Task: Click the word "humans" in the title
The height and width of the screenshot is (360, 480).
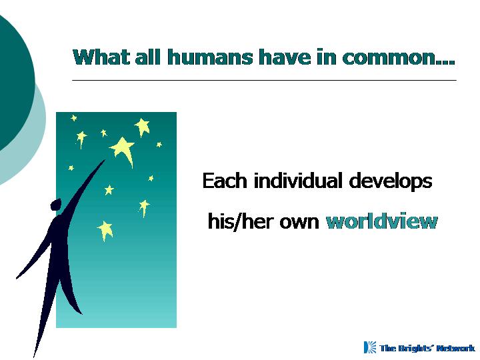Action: [210, 57]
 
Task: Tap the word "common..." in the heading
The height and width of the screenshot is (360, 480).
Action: [398, 57]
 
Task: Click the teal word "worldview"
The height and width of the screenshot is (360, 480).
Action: [382, 221]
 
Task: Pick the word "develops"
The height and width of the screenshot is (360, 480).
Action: [390, 181]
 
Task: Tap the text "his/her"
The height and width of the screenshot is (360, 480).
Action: [235, 221]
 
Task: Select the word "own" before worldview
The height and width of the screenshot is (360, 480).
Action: [299, 223]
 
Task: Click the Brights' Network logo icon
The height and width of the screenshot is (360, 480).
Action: [370, 347]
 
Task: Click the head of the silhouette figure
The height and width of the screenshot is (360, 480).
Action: [56, 205]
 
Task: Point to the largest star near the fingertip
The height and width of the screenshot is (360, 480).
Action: [123, 150]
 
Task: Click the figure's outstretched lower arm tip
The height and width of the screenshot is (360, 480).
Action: [17, 277]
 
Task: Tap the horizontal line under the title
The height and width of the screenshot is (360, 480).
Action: [264, 80]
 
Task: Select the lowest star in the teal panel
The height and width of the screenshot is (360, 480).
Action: [105, 230]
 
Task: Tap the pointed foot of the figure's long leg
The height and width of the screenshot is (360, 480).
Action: [34, 356]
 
